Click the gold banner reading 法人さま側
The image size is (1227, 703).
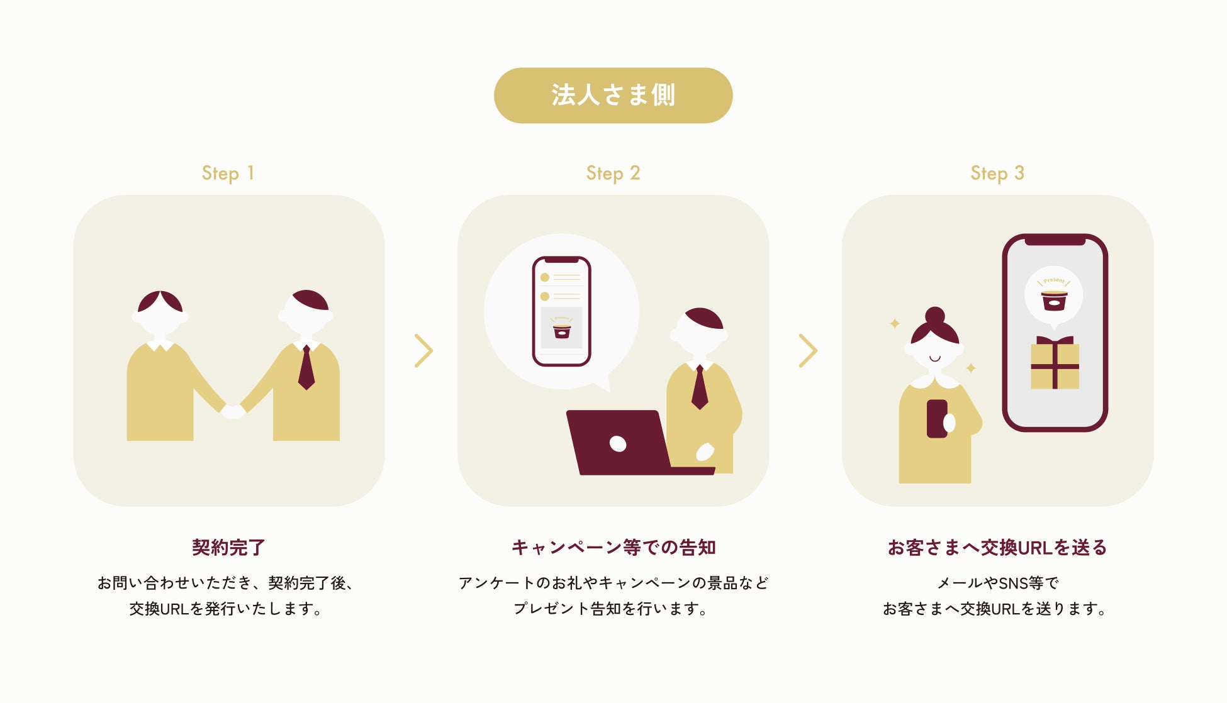[x=613, y=96]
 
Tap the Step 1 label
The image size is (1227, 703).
[x=228, y=173]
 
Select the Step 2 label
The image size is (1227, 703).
[x=613, y=173]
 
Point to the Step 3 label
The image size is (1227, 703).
[x=997, y=173]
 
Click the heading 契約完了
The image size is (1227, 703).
[x=228, y=547]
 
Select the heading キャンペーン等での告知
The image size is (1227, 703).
[x=613, y=547]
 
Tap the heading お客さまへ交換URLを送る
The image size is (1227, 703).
[x=997, y=547]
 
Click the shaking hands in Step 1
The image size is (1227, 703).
[x=233, y=411]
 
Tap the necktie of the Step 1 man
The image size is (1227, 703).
[x=306, y=367]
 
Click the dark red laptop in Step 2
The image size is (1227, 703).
[x=629, y=443]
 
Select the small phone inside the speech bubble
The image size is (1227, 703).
[x=561, y=311]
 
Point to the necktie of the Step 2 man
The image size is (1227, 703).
[x=700, y=387]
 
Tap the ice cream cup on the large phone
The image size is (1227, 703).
[x=1054, y=301]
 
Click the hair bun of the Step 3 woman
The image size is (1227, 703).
[x=935, y=315]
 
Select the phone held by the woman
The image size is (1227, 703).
[x=938, y=419]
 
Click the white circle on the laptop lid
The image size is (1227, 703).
[x=618, y=444]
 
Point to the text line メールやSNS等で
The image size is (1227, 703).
[x=997, y=584]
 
